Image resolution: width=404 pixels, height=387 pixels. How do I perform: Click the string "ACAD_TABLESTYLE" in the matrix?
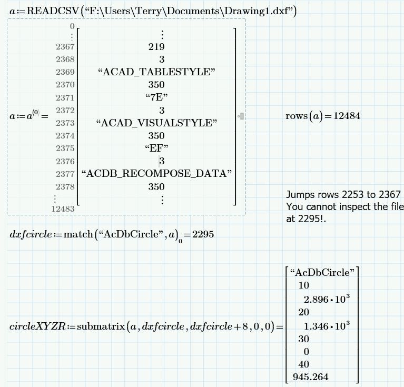coord(156,72)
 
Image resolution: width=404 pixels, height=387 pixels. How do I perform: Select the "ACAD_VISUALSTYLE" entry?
coord(156,123)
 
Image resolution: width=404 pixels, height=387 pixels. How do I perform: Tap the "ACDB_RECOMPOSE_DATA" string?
coord(156,174)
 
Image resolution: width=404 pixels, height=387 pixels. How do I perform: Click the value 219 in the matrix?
coord(156,47)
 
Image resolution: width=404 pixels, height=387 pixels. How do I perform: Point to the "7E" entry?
coord(156,97)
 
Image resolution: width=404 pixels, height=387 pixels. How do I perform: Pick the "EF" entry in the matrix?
coord(156,148)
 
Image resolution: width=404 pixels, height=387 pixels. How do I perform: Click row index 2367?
coord(65,47)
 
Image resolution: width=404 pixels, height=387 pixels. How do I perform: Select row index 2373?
coord(65,123)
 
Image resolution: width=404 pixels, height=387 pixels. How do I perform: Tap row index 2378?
coord(65,187)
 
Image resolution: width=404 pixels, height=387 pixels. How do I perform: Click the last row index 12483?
coord(63,209)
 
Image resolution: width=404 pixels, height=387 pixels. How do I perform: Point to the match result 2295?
coord(203,235)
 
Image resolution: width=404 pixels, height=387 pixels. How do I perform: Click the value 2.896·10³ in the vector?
coord(327,299)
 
